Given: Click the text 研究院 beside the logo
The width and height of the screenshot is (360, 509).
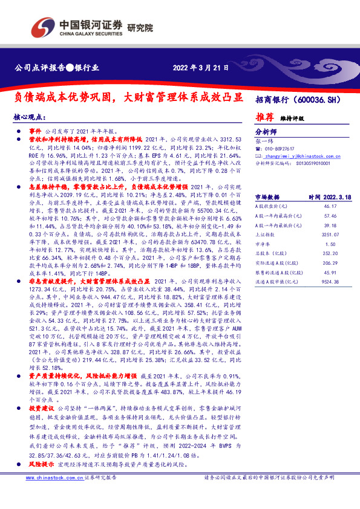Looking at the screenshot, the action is click(x=140, y=27).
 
